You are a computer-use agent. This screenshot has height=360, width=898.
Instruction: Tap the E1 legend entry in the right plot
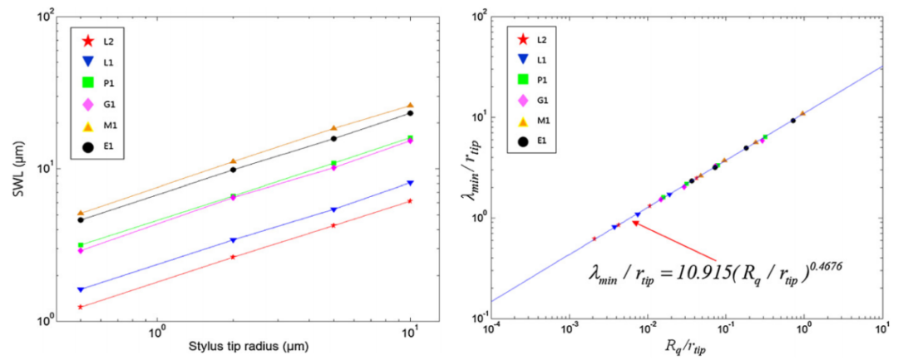(540, 141)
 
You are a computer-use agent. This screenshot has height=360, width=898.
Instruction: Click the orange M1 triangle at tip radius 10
(410, 106)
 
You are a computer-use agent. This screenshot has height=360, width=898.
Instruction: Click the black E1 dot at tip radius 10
(410, 113)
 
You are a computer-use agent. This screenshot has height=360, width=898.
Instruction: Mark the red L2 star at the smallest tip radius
(81, 307)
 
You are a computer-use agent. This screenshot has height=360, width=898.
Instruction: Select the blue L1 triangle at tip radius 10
(410, 183)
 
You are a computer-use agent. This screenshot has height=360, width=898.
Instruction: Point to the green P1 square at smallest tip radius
(81, 245)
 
